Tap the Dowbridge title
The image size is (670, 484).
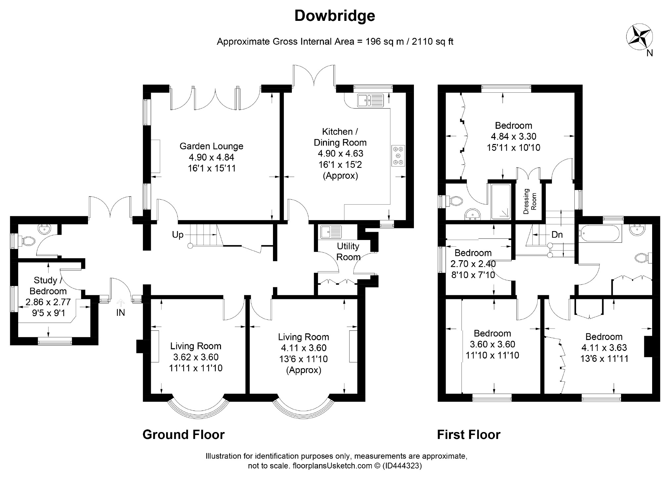pyautogui.click(x=335, y=16)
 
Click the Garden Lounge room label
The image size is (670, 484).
pyautogui.click(x=211, y=146)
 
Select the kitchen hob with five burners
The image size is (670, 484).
pyautogui.click(x=398, y=156)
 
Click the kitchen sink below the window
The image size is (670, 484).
pyautogui.click(x=370, y=100)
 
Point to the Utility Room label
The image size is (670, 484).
pyautogui.click(x=348, y=252)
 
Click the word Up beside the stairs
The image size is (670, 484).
pyautogui.click(x=178, y=235)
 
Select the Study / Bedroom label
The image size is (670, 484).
pyautogui.click(x=48, y=286)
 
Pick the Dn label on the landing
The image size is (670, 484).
pyautogui.click(x=557, y=235)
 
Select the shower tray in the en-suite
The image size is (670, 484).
pyautogui.click(x=501, y=202)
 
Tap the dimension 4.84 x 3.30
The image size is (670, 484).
pyautogui.click(x=514, y=136)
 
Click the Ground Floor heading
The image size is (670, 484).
pyautogui.click(x=184, y=434)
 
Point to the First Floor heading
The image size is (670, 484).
pyautogui.click(x=469, y=434)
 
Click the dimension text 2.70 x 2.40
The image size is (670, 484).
pyautogui.click(x=473, y=264)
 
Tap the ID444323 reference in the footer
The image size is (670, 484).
pyautogui.click(x=402, y=466)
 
